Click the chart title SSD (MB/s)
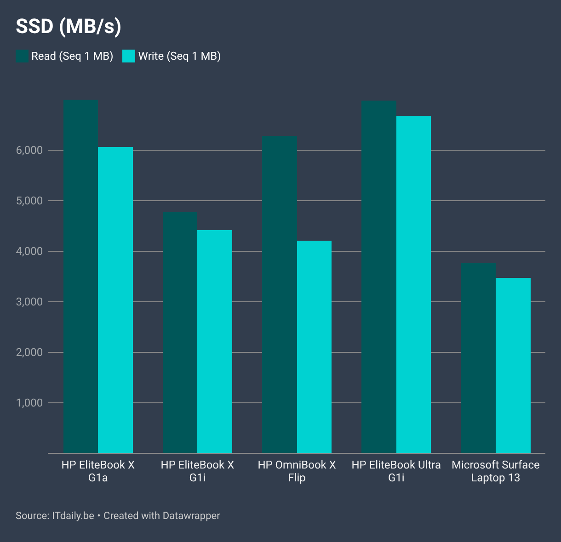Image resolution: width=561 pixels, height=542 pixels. tap(69, 27)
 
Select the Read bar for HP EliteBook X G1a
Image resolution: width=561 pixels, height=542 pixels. tap(80, 276)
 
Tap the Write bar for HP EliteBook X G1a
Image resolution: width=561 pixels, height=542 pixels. tap(115, 299)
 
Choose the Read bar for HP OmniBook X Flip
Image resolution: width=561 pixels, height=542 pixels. tap(280, 294)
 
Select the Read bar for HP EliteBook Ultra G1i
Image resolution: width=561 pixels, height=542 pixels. tap(379, 276)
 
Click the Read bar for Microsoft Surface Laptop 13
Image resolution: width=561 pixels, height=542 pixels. tap(478, 358)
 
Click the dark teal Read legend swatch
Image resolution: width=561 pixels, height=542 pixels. tap(22, 56)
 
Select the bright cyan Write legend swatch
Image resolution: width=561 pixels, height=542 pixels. tap(129, 56)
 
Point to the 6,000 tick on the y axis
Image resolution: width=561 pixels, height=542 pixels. tap(30, 150)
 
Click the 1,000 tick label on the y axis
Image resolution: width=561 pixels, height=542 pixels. tap(30, 403)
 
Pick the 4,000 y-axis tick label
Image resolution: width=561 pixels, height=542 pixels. tap(30, 251)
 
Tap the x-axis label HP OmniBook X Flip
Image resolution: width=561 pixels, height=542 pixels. tap(297, 471)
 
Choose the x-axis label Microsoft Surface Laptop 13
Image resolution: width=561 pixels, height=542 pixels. tap(495, 471)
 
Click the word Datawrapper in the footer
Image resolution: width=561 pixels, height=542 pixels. tap(191, 516)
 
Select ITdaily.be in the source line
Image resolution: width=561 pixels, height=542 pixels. tap(73, 516)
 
